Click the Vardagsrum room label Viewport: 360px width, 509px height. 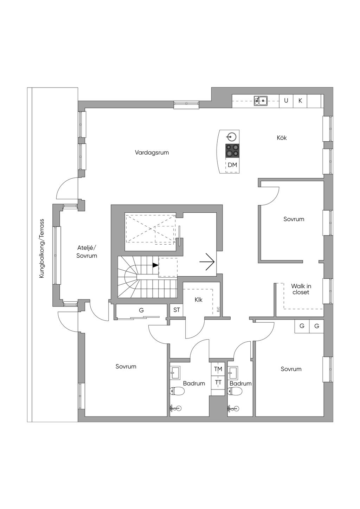pyautogui.click(x=152, y=153)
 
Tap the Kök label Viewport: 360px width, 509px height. pyautogui.click(x=282, y=138)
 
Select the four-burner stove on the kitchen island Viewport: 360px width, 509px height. pyautogui.click(x=232, y=150)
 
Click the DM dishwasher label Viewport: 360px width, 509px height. pyautogui.click(x=232, y=165)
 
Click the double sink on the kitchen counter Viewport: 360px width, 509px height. pyautogui.click(x=261, y=101)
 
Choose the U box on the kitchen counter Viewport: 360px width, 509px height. pyautogui.click(x=286, y=101)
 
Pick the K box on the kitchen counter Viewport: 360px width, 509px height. pyautogui.click(x=300, y=101)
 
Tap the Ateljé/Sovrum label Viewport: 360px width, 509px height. pyautogui.click(x=87, y=252)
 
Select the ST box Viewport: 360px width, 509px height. pyautogui.click(x=176, y=310)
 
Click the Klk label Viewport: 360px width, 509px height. pyautogui.click(x=199, y=300)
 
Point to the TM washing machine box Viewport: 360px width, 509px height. pyautogui.click(x=218, y=369)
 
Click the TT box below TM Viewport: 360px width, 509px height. pyautogui.click(x=218, y=382)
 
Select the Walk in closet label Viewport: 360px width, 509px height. pyautogui.click(x=301, y=289)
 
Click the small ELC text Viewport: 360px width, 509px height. pyautogui.click(x=218, y=309)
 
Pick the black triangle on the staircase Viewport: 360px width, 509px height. pyautogui.click(x=155, y=265)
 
